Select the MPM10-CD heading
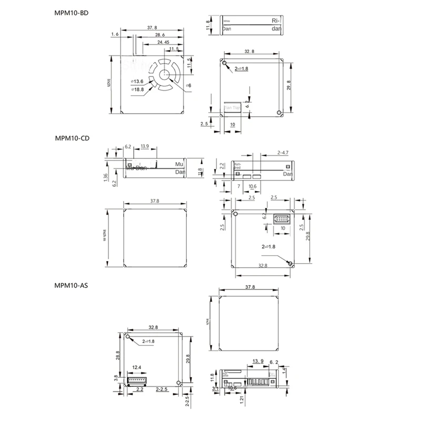click(72, 139)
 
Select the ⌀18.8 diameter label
click(137, 89)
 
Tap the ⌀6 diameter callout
click(188, 85)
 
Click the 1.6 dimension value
click(115, 34)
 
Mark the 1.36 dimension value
click(106, 178)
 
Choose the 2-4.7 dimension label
click(282, 153)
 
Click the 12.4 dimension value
click(136, 367)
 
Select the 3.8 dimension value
click(117, 377)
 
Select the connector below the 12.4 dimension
click(137, 379)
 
